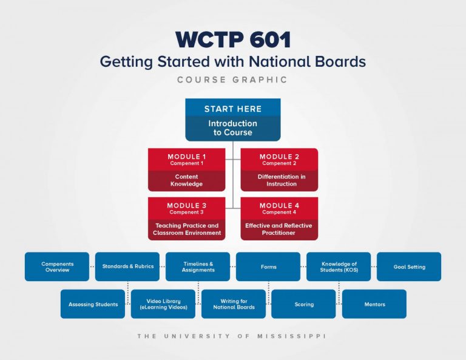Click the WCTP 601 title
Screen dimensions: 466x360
point(233,39)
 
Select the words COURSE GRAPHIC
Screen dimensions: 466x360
point(232,80)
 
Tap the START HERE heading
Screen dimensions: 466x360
point(233,109)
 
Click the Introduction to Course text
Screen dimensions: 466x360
point(233,128)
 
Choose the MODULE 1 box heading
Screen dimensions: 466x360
point(187,157)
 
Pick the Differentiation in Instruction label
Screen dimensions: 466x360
point(282,180)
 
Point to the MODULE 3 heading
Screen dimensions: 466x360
point(187,205)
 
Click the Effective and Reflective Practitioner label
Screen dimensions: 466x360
point(279,229)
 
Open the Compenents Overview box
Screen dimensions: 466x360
point(57,267)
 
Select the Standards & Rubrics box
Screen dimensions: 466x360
point(127,267)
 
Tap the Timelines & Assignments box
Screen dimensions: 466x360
point(198,267)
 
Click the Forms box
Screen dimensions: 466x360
point(268,267)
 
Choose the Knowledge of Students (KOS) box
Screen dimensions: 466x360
point(339,267)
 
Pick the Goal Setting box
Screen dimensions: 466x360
point(409,267)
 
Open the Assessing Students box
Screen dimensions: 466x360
point(93,304)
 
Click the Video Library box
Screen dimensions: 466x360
point(163,304)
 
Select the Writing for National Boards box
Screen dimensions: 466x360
point(234,304)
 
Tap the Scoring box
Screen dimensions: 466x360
point(303,304)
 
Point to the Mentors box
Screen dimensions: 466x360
point(374,304)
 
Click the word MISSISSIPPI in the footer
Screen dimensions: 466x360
point(291,336)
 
